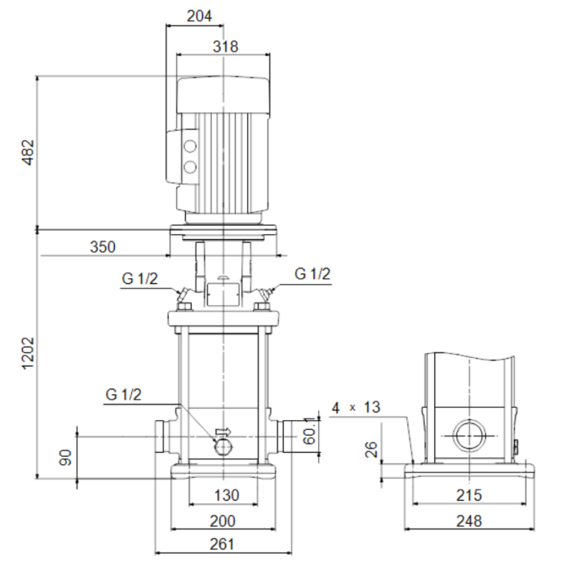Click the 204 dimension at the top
coord(197,15)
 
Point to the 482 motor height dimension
coord(28,153)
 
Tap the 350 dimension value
coord(103,246)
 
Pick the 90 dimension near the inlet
coord(66,457)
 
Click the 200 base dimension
coord(222,520)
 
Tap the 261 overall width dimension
coord(222,544)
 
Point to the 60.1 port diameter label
coord(308,434)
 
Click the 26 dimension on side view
coord(373,449)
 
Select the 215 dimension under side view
coord(469,494)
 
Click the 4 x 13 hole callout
coord(356,407)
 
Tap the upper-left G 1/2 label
coord(140,278)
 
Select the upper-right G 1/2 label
coord(312,274)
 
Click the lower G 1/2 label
coord(123,395)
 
